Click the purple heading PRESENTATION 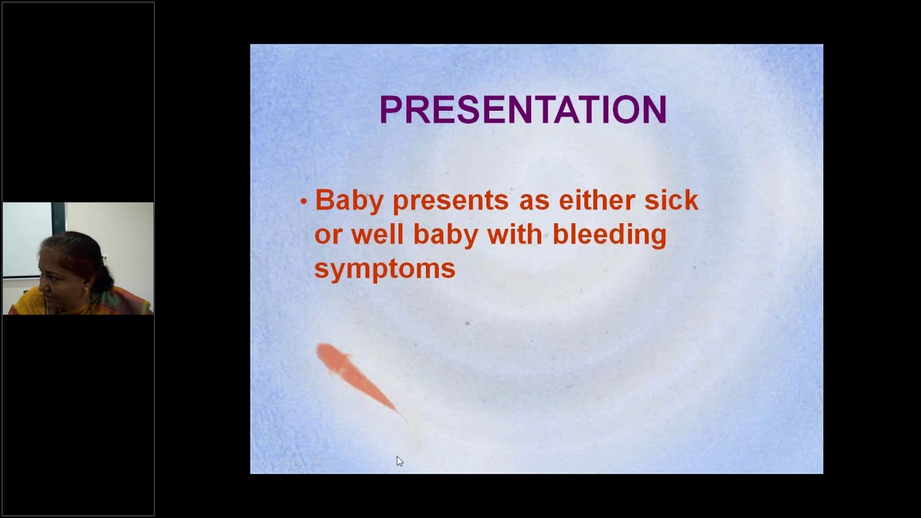pos(522,110)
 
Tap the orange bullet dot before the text pos(304,201)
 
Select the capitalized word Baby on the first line pos(349,201)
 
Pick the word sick pos(671,200)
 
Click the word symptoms pos(384,269)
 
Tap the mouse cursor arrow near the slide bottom pos(399,461)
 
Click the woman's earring pos(87,289)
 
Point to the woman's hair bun pos(104,273)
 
